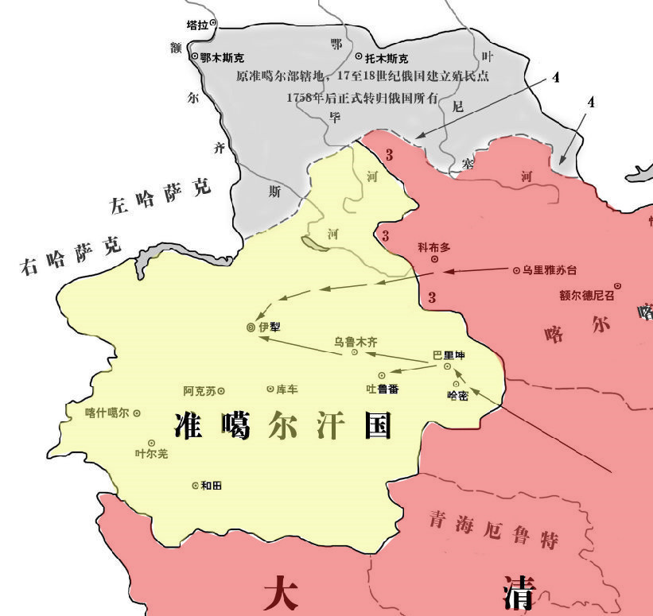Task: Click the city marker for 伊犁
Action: click(x=251, y=327)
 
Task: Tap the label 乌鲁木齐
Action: click(x=356, y=342)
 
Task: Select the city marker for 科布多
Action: click(x=434, y=259)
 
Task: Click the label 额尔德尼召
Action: click(x=587, y=295)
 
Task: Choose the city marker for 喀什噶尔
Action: click(x=137, y=413)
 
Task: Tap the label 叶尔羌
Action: click(x=152, y=454)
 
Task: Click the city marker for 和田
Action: click(x=196, y=485)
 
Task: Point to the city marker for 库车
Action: click(x=270, y=389)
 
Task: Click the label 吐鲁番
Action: click(x=382, y=389)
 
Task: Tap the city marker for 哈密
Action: click(x=456, y=384)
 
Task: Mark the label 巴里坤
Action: click(x=448, y=355)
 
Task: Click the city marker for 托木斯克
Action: click(x=359, y=57)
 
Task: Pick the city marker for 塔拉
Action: click(x=212, y=24)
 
